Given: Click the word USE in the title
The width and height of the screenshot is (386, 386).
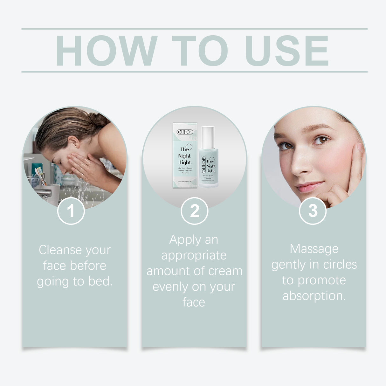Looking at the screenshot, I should [287, 51].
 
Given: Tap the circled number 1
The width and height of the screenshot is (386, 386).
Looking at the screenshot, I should [71, 211].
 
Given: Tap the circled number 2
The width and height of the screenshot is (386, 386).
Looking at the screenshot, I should [194, 211].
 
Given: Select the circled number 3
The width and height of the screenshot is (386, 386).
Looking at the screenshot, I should [313, 211].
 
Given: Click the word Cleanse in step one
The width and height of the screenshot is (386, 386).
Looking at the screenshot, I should [58, 250].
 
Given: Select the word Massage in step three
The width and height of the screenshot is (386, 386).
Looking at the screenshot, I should [314, 249].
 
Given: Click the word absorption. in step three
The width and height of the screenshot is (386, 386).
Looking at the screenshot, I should [314, 296].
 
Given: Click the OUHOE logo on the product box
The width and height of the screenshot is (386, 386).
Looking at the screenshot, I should [185, 132].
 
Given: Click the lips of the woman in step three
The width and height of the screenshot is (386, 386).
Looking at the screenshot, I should [309, 187].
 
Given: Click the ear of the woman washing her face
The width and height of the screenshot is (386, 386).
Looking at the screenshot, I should [74, 142].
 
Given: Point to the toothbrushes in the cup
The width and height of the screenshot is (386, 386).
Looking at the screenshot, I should [40, 175].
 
